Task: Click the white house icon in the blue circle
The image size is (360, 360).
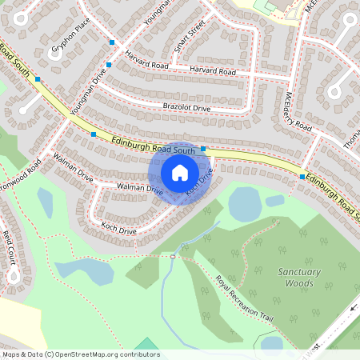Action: pos(179,173)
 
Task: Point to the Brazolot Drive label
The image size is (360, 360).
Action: pos(186,107)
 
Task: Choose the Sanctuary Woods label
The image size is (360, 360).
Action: pos(299,278)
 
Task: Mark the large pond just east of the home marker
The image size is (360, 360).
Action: pos(245,203)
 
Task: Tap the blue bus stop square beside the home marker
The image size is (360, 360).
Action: pos(204,149)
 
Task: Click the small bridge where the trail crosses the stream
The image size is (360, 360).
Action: pos(172,257)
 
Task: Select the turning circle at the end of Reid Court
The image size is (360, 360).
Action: pos(13,277)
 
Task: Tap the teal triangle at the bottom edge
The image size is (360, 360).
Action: pos(146,345)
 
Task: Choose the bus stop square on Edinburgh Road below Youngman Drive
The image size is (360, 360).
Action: pos(94,134)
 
